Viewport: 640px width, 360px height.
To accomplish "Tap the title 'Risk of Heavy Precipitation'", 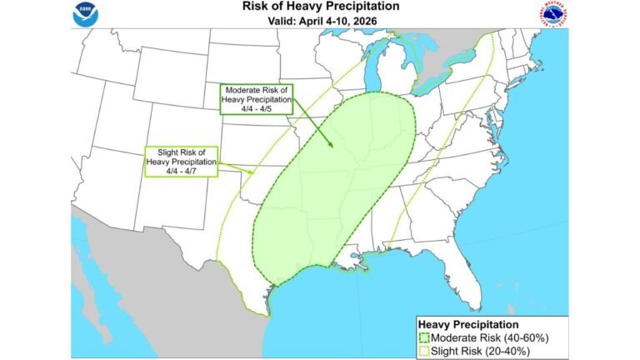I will click(x=320, y=7).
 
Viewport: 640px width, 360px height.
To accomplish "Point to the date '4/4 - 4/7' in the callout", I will click(x=182, y=171).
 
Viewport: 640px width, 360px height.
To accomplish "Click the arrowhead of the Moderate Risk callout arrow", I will click(x=331, y=147).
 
